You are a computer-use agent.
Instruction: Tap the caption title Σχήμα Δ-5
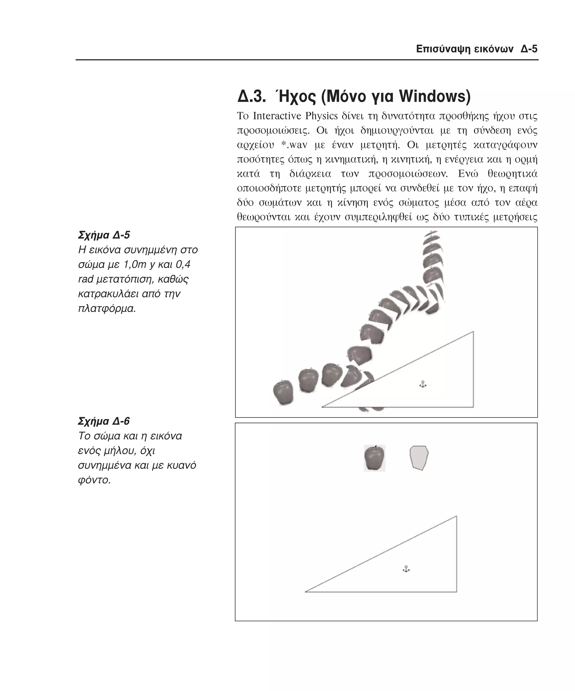(x=104, y=235)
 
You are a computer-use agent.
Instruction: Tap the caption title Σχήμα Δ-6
(x=104, y=421)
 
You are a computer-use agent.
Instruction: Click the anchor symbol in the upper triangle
(x=423, y=384)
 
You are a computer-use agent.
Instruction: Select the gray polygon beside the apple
(x=419, y=458)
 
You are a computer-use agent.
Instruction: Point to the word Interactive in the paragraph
(x=279, y=116)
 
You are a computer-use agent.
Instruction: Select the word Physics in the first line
(x=321, y=116)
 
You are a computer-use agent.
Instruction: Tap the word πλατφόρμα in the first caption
(x=107, y=309)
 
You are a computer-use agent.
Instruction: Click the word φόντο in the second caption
(x=94, y=480)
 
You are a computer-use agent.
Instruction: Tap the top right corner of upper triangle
(x=473, y=332)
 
